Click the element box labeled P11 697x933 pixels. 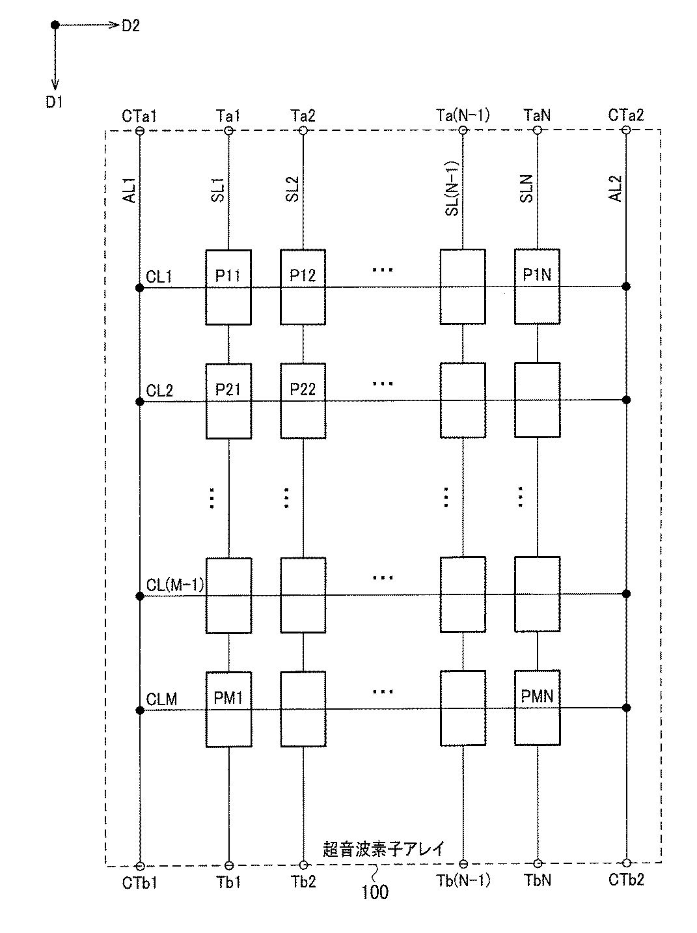[x=228, y=287]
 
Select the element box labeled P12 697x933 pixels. [x=303, y=287]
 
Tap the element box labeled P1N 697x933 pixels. [x=537, y=286]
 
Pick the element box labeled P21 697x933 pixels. [x=228, y=401]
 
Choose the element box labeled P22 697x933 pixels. [x=303, y=401]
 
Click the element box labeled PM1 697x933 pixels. [x=228, y=709]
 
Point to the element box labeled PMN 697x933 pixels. [x=537, y=708]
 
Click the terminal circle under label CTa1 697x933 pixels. [x=139, y=131]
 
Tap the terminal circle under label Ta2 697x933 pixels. [x=303, y=131]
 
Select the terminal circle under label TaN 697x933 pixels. [x=537, y=130]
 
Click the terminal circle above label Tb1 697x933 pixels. [x=228, y=865]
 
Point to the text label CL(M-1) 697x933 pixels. [x=175, y=585]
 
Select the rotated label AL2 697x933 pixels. [x=616, y=189]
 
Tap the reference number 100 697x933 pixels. [x=375, y=891]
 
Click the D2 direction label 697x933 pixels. [x=131, y=26]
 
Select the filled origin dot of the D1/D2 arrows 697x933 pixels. [x=55, y=25]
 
